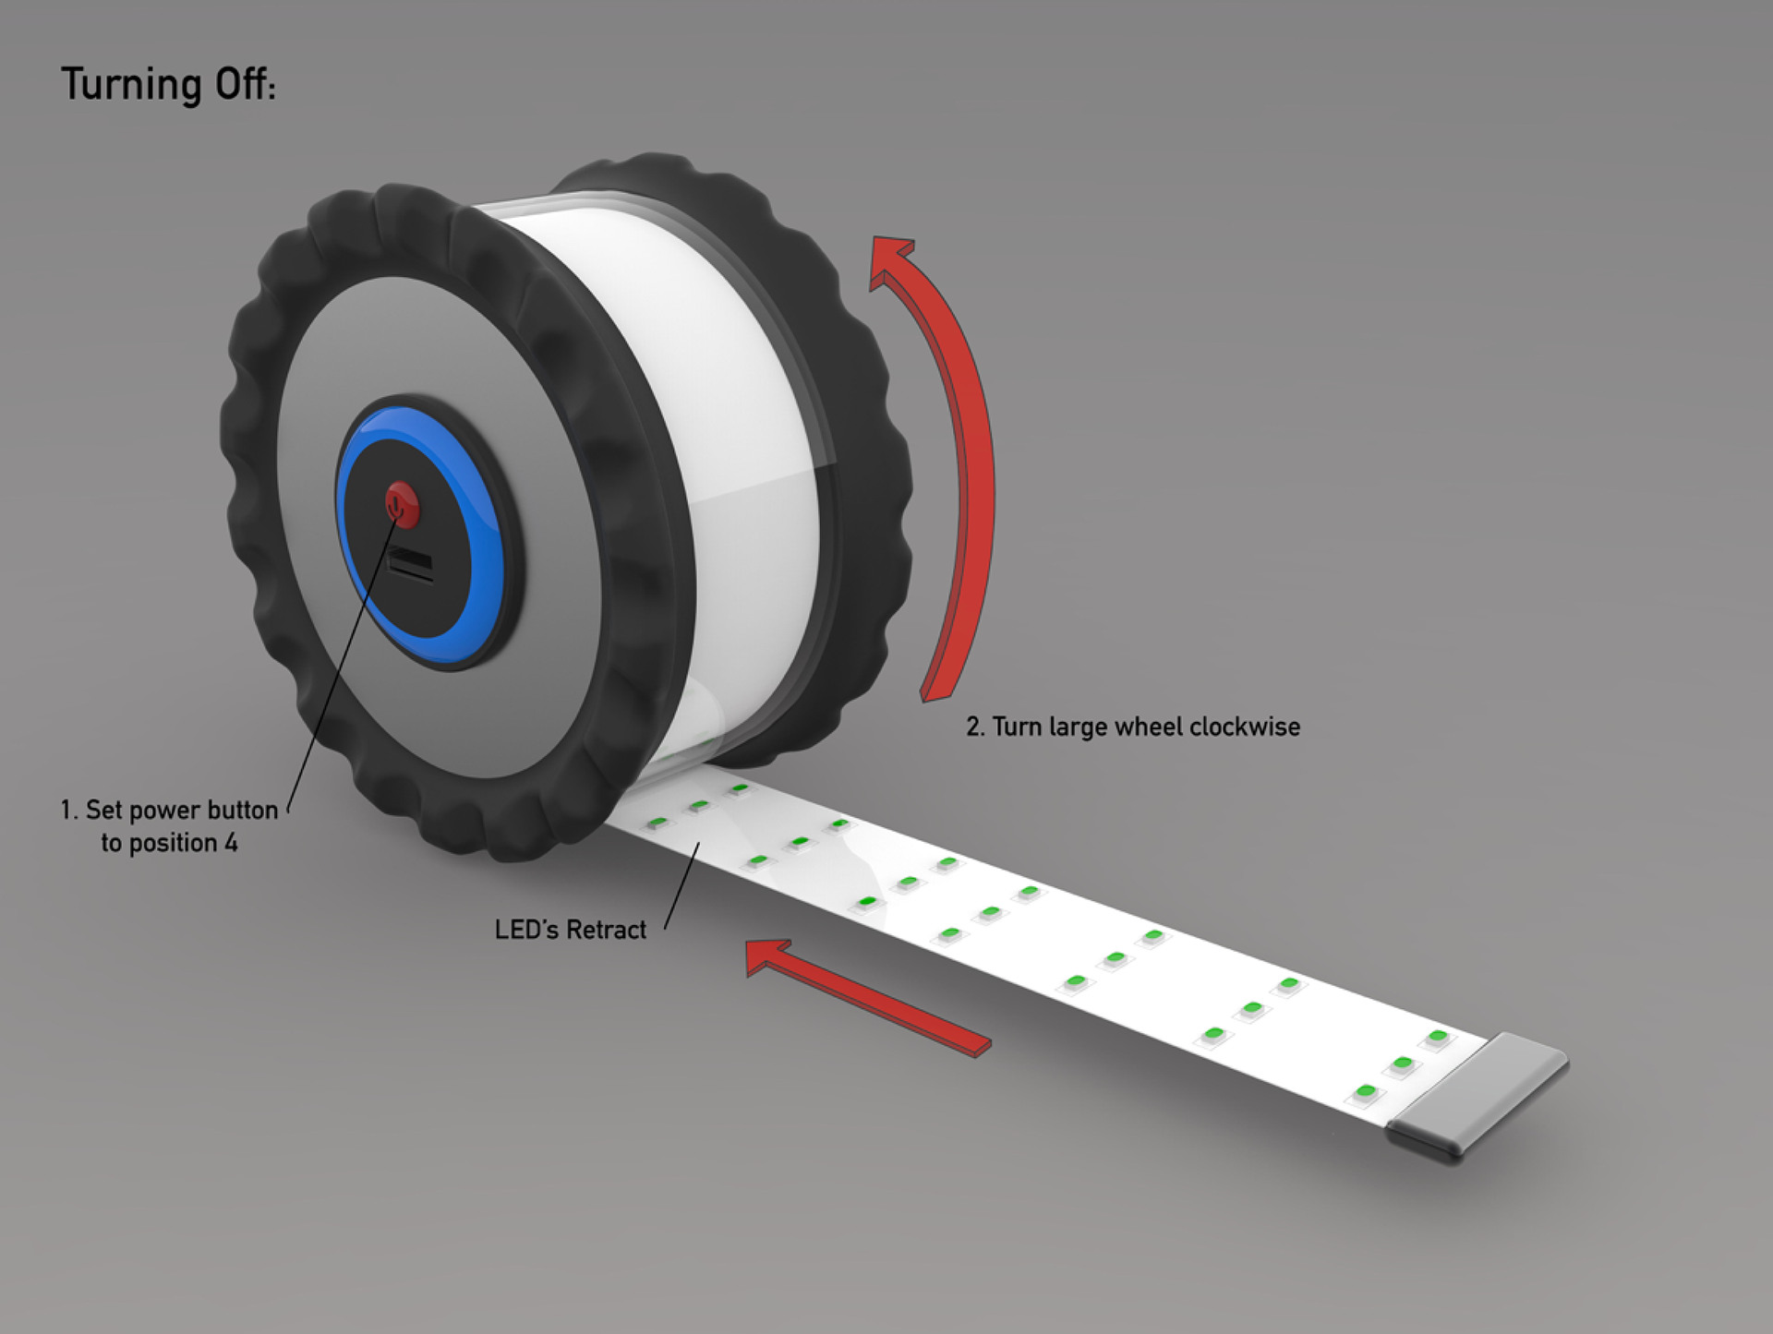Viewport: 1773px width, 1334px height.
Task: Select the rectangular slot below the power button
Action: click(x=411, y=563)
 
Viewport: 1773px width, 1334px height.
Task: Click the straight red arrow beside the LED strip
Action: click(x=868, y=997)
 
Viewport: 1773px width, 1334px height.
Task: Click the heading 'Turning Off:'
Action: click(x=168, y=85)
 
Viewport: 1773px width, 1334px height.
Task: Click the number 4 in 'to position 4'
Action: click(x=231, y=843)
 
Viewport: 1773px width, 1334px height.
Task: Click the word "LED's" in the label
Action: click(x=526, y=930)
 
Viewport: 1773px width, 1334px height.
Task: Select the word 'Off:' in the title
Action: click(x=245, y=85)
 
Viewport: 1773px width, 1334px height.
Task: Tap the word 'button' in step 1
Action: click(x=244, y=811)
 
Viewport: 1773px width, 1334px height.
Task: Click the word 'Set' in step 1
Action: click(x=103, y=811)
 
